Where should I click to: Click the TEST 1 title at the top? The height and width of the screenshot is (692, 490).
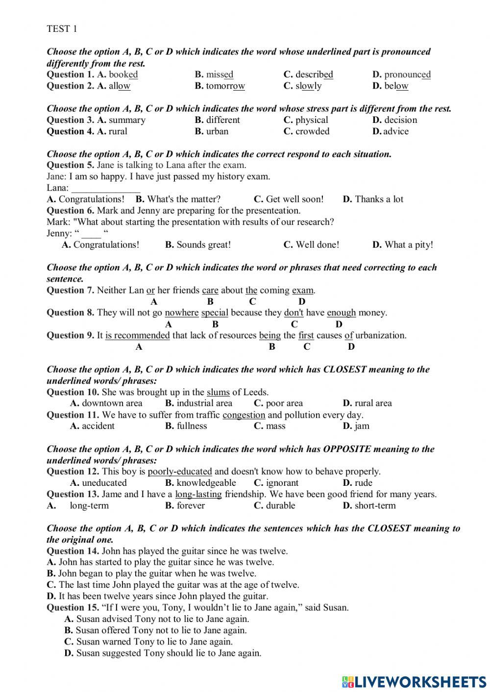[x=62, y=29]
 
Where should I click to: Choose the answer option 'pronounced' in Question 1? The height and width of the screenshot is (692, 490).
[x=407, y=75]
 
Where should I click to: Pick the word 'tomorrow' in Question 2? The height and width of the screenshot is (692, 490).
[x=225, y=86]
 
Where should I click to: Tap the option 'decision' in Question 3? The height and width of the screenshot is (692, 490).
[x=400, y=120]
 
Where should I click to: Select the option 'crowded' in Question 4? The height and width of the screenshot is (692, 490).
[x=312, y=131]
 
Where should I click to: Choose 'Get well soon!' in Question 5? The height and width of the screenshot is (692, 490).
[x=294, y=199]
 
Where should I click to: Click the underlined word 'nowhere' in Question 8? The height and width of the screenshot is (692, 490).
[x=181, y=313]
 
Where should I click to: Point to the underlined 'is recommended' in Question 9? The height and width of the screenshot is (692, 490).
[x=137, y=335]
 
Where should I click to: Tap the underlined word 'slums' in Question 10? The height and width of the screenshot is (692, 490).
[x=218, y=392]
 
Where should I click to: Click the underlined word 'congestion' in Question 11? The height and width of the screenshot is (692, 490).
[x=244, y=415]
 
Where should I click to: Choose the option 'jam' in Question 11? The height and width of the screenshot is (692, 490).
[x=362, y=426]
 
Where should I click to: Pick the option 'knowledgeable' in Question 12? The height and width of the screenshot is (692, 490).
[x=206, y=483]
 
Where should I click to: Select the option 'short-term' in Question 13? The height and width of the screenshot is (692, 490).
[x=375, y=506]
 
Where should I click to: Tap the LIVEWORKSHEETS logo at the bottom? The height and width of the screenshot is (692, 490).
[x=414, y=681]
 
